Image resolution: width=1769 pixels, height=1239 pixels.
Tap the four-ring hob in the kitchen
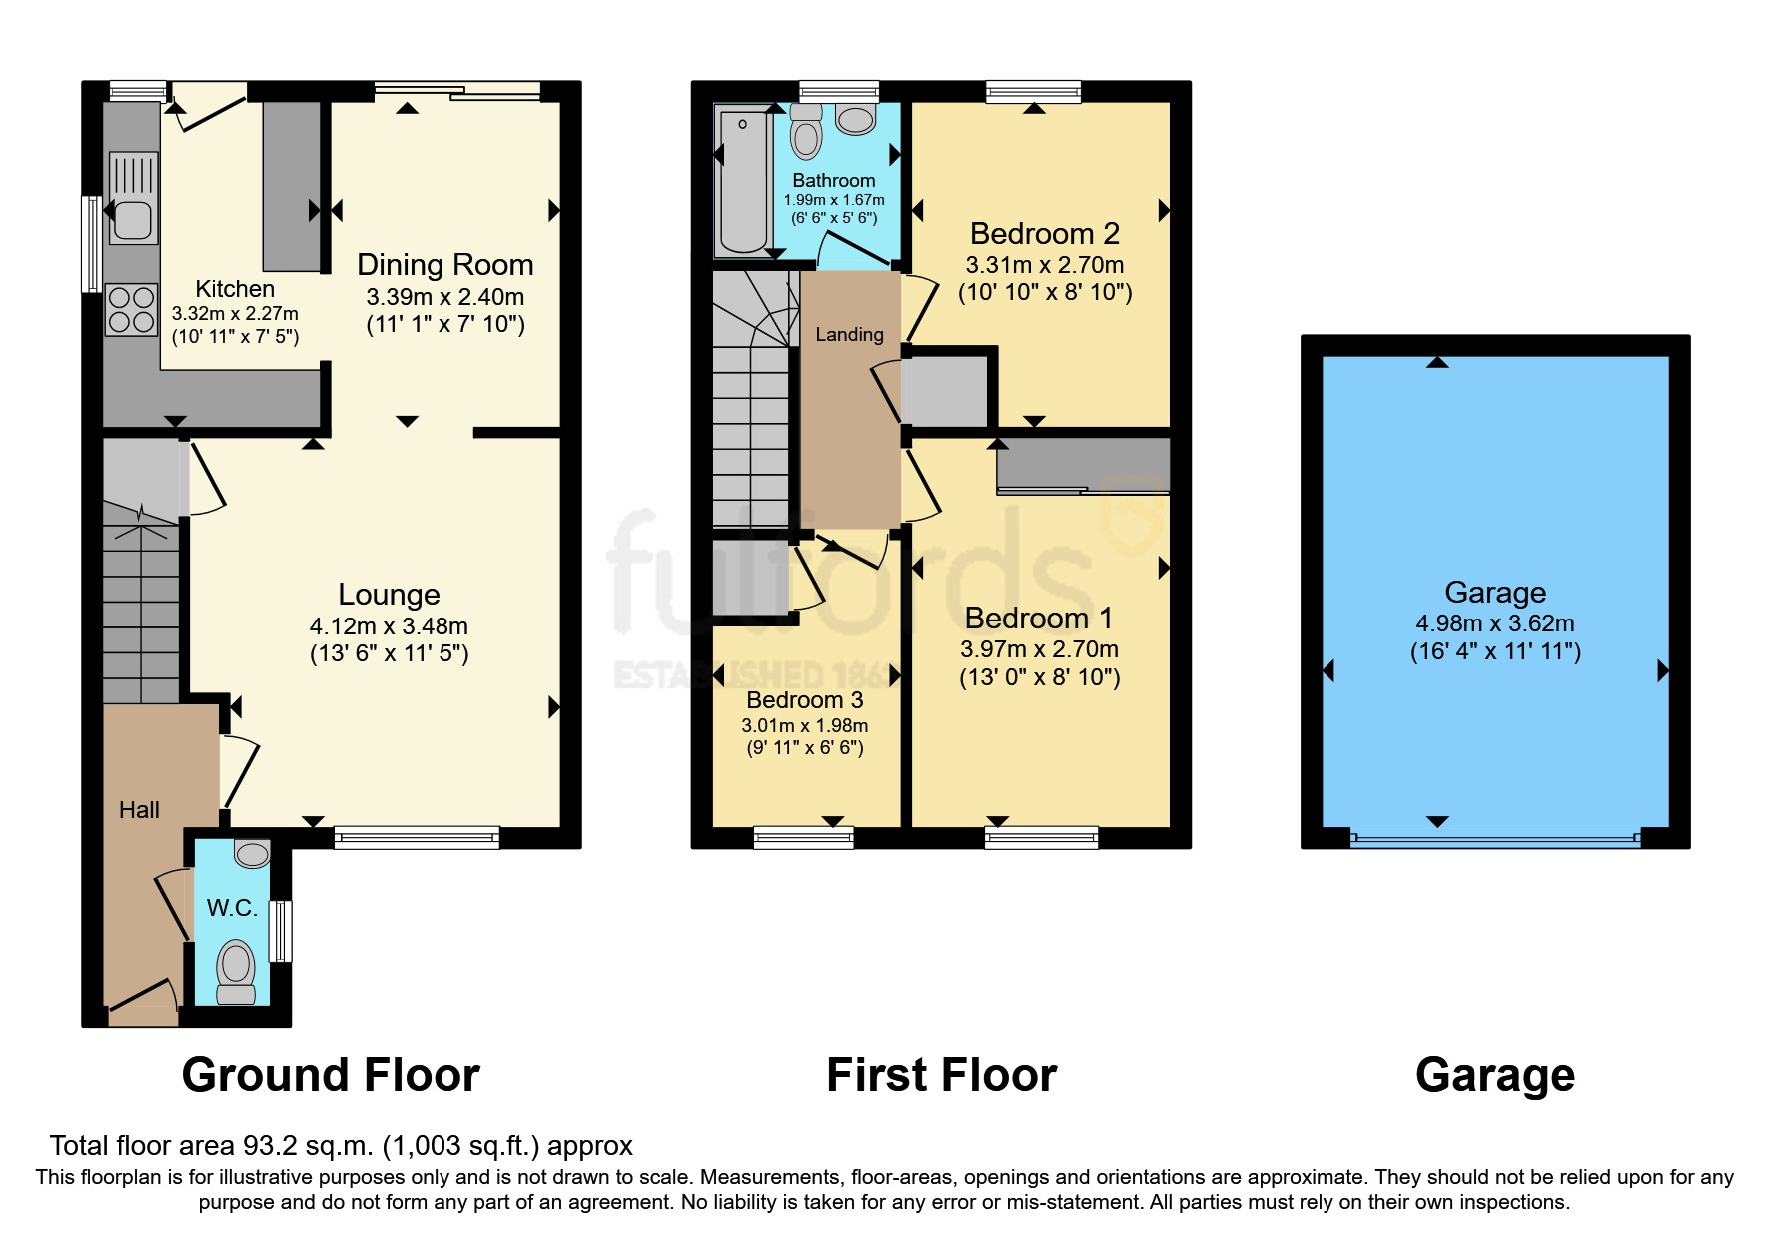pos(132,309)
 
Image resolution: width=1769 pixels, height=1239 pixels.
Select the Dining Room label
pos(444,265)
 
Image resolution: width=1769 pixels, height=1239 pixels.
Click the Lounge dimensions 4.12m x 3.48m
pos(389,626)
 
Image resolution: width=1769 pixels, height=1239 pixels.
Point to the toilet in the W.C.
pos(236,970)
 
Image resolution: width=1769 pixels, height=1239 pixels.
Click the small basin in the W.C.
pos(252,854)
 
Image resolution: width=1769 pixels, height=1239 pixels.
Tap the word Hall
pos(139,810)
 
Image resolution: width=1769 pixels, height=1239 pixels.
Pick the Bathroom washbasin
pos(856,120)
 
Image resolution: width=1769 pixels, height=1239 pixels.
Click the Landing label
pos(849,335)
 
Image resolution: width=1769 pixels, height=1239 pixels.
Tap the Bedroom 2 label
pos(1044,234)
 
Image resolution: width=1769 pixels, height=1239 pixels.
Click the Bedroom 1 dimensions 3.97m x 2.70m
pos(1039,649)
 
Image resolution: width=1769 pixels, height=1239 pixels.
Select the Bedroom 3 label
pos(804,700)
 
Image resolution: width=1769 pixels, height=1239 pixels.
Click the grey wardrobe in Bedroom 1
pos(1083,465)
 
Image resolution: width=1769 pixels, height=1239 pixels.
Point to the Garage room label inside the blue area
pos(1494,593)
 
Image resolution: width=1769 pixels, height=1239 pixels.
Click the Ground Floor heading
pos(331,1075)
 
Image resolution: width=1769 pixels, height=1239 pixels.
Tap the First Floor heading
pos(941,1075)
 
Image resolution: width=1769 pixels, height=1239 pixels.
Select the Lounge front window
pos(417,837)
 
